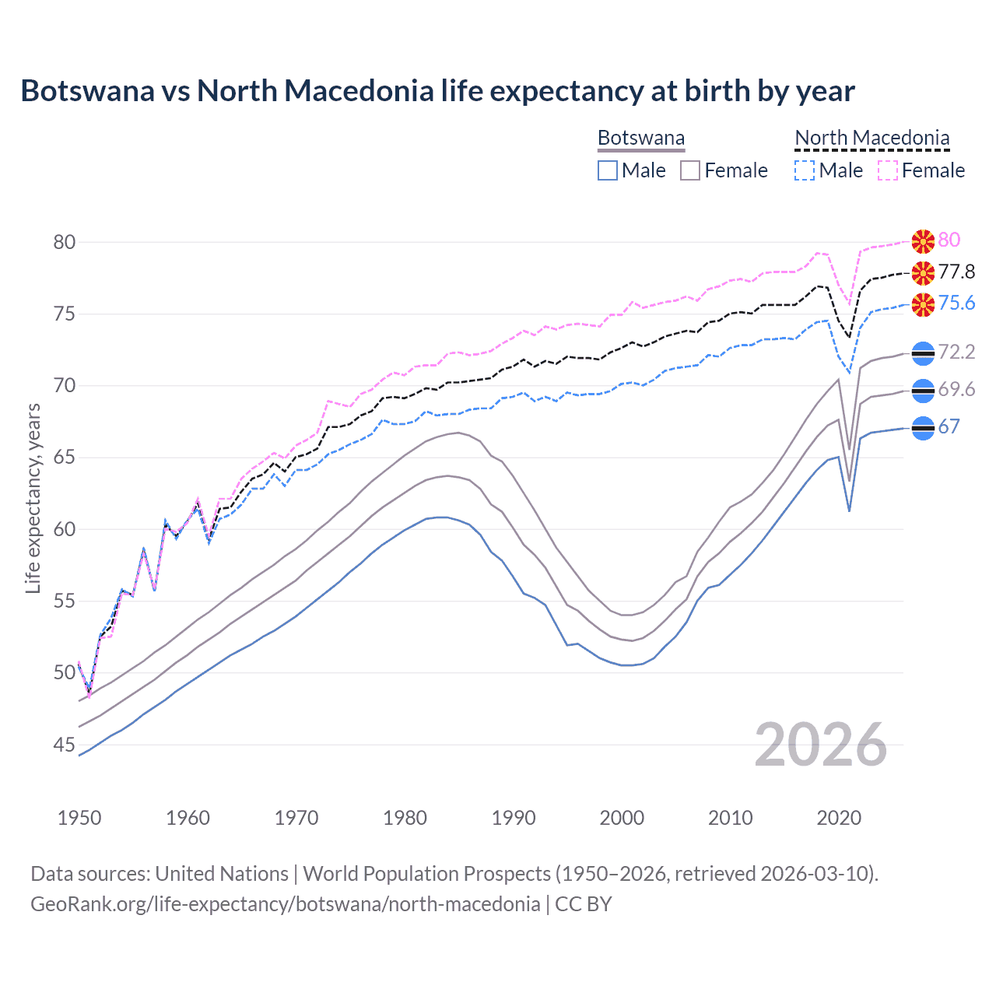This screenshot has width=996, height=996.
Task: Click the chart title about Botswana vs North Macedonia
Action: coord(437,91)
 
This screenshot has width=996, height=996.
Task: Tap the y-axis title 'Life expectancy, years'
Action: coord(33,498)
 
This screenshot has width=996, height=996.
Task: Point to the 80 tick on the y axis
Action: coord(65,242)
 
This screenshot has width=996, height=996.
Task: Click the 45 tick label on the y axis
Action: coord(65,745)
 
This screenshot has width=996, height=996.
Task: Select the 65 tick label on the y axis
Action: coord(65,458)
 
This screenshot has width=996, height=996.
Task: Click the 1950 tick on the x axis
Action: coord(79,818)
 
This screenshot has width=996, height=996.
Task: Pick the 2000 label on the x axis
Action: coord(622,818)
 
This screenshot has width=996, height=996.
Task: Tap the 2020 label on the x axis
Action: coord(839,818)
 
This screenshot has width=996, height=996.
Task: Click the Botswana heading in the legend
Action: coord(641,138)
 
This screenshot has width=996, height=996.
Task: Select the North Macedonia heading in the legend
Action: coord(872,138)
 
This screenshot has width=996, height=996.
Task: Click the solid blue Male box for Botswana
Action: coord(608,170)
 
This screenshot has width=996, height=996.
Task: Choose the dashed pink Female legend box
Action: coord(888,170)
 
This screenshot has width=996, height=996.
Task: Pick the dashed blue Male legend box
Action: coord(805,170)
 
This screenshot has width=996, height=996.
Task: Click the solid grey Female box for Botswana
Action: coord(690,170)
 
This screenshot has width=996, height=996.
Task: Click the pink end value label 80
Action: coord(949,240)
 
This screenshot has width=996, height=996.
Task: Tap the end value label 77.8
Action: coord(956,272)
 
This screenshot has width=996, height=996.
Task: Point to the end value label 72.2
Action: coord(956,352)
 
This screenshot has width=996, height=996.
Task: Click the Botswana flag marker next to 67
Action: coord(923,428)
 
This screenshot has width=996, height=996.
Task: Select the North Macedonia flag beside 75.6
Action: coord(923,304)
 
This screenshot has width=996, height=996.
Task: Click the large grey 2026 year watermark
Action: coord(821,745)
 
